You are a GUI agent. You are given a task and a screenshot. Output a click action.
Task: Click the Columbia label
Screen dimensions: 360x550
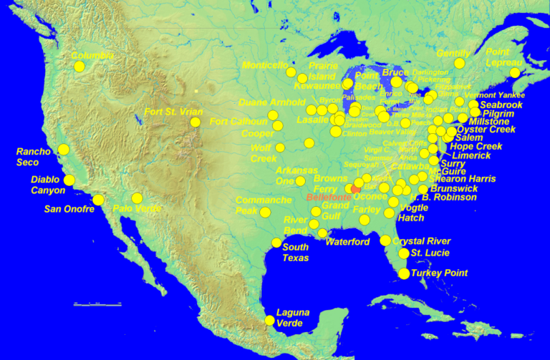pyautogui.click(x=92, y=55)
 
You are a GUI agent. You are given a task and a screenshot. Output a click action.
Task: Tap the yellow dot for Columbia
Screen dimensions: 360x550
pyautogui.click(x=79, y=67)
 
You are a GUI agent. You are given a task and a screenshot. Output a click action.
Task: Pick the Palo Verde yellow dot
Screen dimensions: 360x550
pyautogui.click(x=137, y=198)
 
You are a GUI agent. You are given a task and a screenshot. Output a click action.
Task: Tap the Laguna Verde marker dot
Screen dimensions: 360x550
pyautogui.click(x=269, y=321)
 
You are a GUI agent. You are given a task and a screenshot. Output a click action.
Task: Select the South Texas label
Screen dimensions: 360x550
pyautogui.click(x=295, y=253)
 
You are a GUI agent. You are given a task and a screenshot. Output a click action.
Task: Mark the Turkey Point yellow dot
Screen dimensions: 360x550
pyautogui.click(x=404, y=273)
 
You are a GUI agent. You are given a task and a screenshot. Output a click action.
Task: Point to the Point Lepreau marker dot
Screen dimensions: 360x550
pyautogui.click(x=515, y=72)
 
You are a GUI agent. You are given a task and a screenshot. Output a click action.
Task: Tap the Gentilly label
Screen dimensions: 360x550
pyautogui.click(x=453, y=54)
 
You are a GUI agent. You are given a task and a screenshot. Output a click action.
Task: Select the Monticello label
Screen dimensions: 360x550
pyautogui.click(x=265, y=64)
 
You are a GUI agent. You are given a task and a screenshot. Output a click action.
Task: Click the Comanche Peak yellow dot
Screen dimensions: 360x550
pyautogui.click(x=266, y=212)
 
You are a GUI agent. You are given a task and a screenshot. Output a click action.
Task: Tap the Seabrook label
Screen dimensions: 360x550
pyautogui.click(x=501, y=104)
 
